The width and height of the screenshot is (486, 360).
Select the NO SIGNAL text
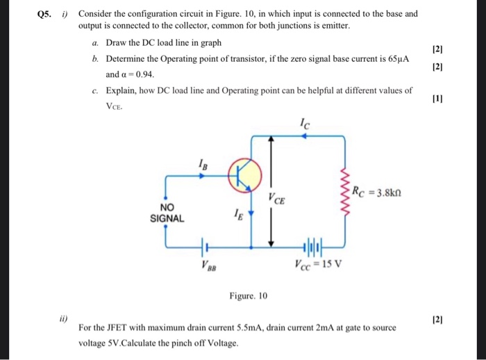[x=167, y=213]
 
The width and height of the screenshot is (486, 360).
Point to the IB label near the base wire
[x=202, y=165]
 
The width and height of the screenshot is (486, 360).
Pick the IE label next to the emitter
[x=239, y=215]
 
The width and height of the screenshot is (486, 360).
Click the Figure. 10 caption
[x=248, y=296]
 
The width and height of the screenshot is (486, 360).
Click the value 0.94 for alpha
[x=141, y=74]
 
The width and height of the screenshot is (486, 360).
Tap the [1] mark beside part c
[x=437, y=99]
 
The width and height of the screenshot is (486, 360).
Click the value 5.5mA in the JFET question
[x=246, y=327]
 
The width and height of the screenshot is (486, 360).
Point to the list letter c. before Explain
[x=94, y=90]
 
